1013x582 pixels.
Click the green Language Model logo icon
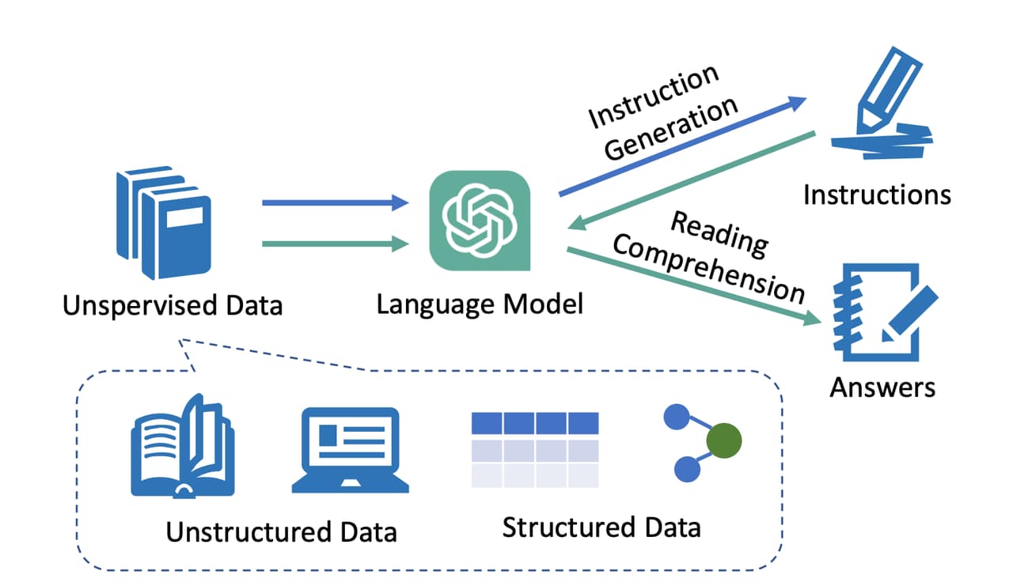480,221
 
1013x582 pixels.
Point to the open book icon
182,447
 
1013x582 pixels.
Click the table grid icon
535,450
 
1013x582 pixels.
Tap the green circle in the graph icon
725,442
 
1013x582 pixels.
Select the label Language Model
480,304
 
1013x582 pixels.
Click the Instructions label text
877,195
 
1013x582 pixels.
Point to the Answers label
882,387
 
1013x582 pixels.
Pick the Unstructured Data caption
281,531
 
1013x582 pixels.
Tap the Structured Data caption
601,527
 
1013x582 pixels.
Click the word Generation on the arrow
673,129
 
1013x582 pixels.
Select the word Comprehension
708,270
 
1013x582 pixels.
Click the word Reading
719,234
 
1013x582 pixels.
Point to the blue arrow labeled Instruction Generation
681,147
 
